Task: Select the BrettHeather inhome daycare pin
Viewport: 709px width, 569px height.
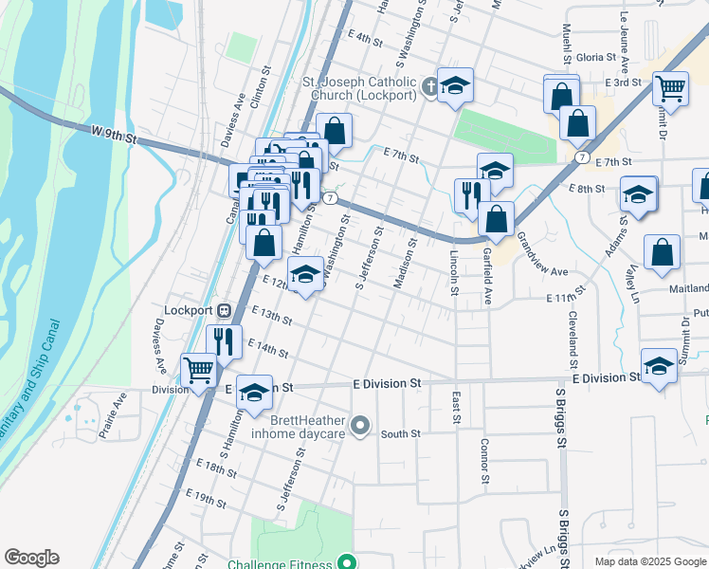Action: tap(359, 426)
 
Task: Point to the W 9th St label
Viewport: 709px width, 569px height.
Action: tap(115, 138)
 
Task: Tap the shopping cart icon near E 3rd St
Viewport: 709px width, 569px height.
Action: tap(670, 88)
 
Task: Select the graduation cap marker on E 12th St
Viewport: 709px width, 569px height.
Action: tap(305, 276)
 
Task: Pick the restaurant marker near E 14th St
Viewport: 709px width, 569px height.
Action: tap(225, 340)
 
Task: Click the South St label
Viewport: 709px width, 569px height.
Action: tap(400, 434)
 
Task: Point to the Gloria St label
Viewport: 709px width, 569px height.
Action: tap(596, 57)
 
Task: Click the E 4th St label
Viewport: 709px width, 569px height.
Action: tap(364, 41)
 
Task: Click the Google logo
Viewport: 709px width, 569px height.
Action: tap(31, 558)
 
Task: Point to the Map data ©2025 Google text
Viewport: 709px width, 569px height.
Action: tap(649, 561)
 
